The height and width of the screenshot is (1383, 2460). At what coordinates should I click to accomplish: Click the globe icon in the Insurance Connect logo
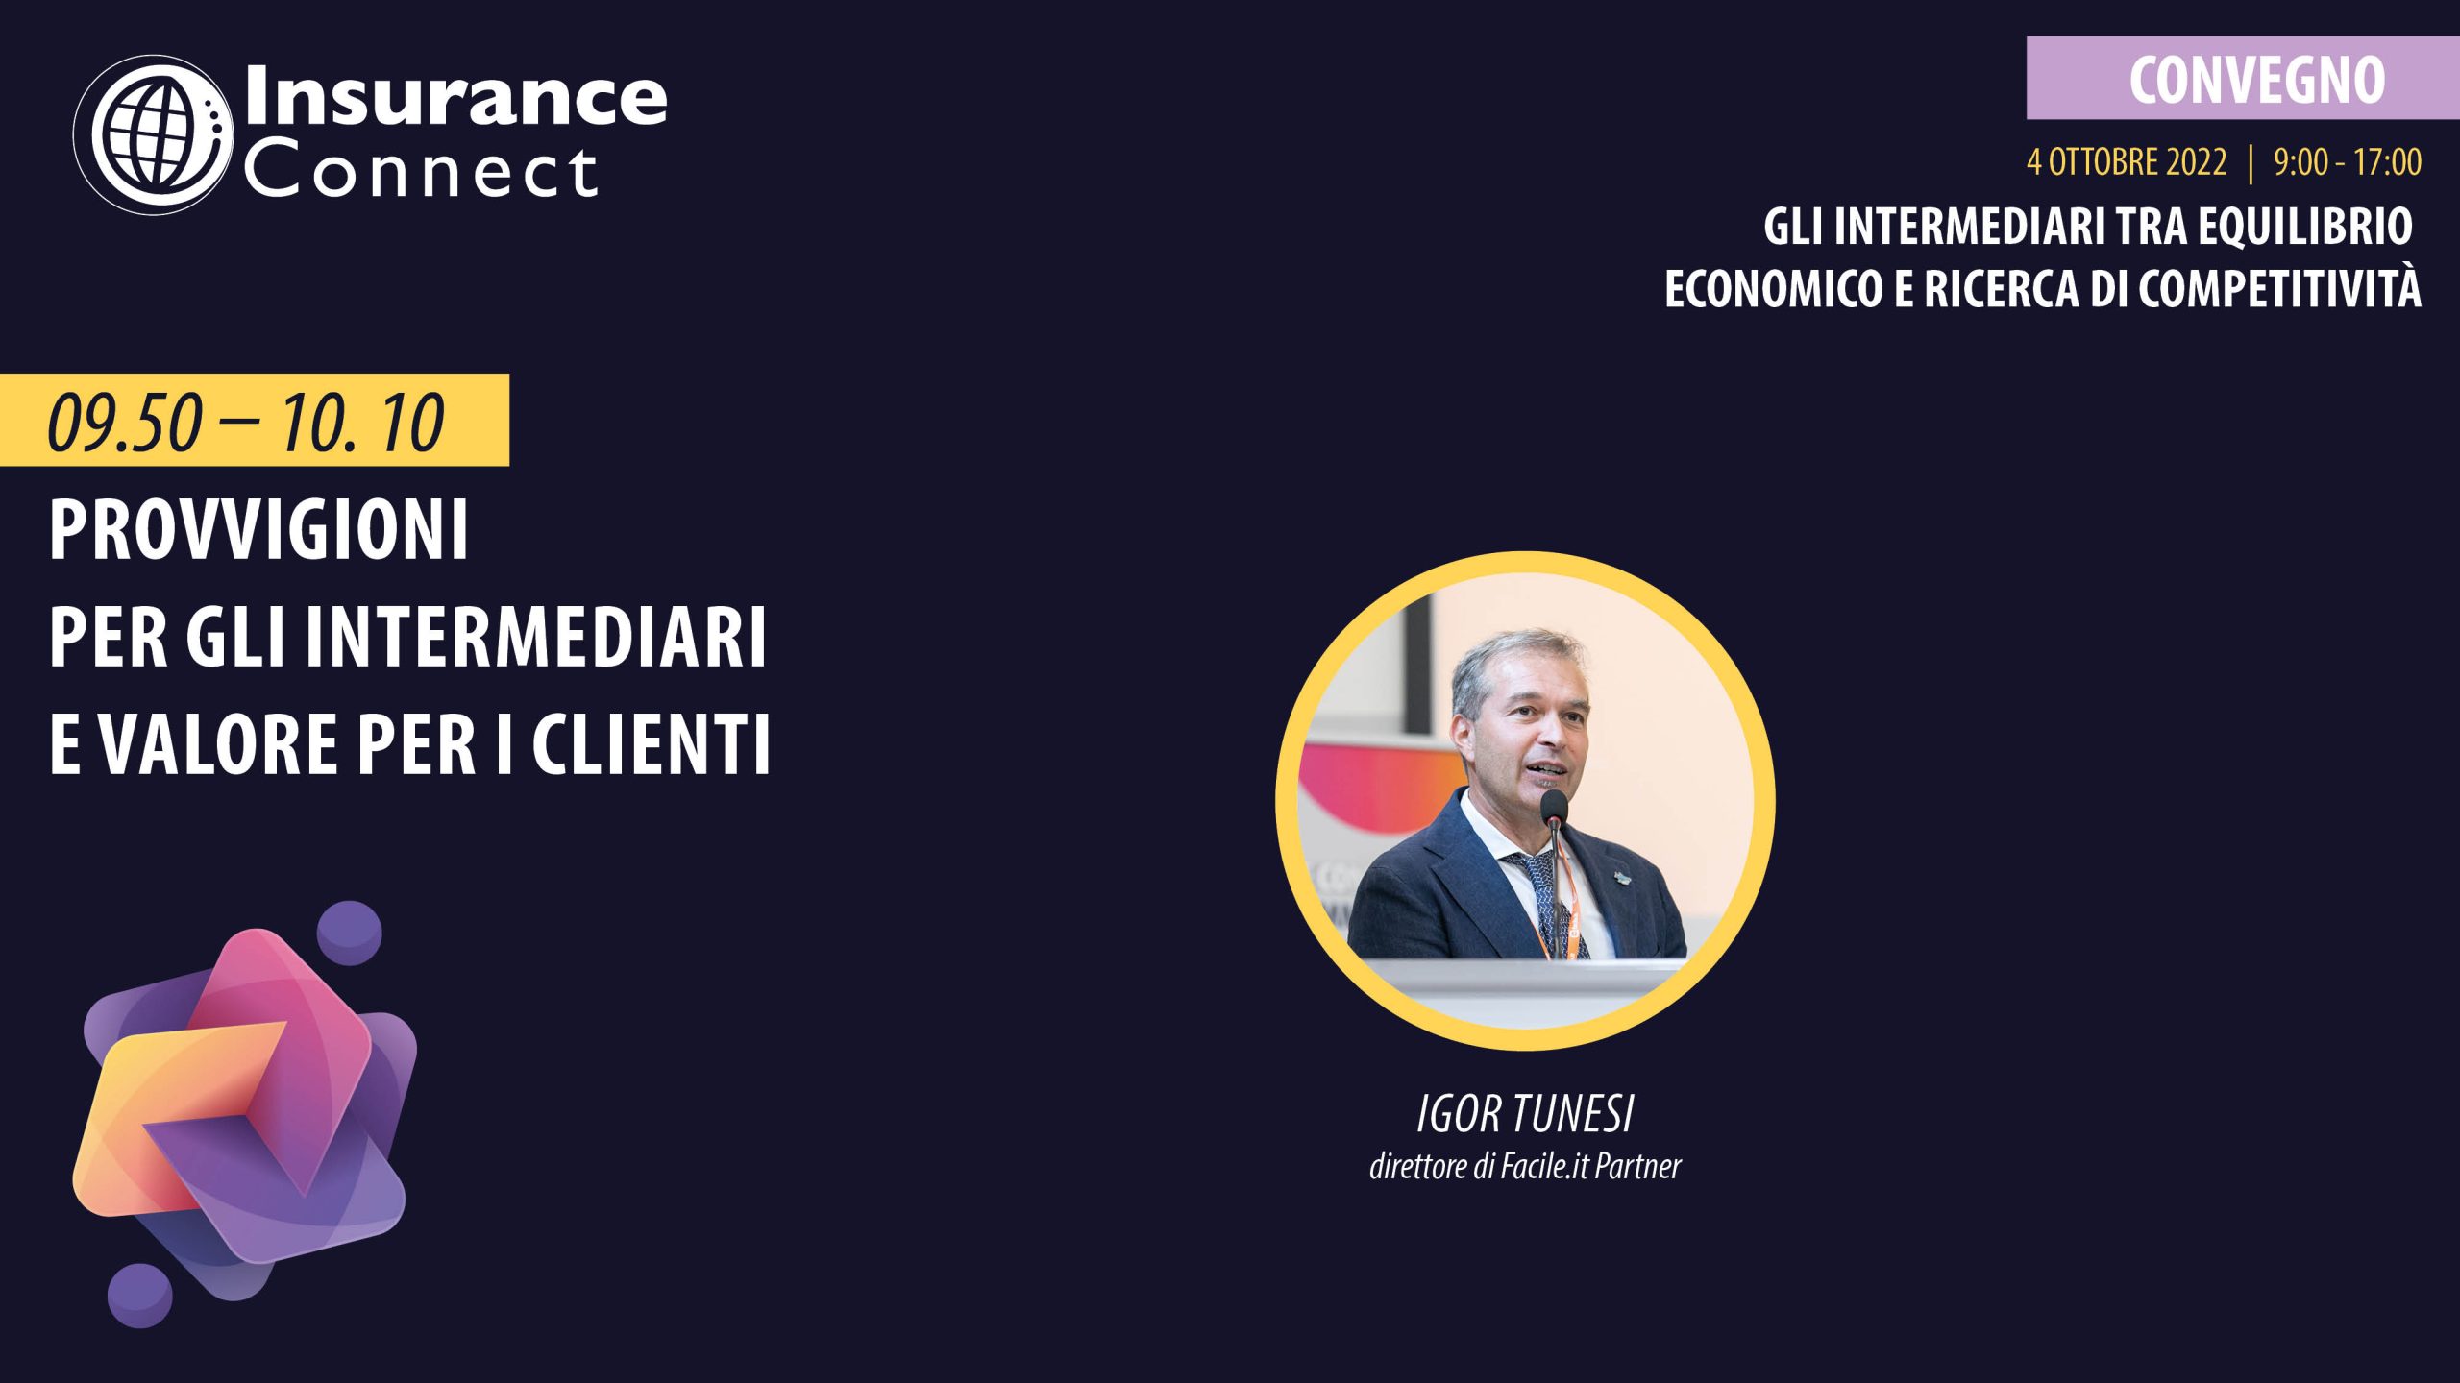click(154, 134)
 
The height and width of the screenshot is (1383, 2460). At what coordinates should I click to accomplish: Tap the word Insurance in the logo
click(455, 96)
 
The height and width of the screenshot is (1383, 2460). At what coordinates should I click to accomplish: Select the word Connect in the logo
click(421, 172)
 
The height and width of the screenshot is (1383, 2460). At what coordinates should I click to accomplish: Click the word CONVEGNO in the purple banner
click(2257, 80)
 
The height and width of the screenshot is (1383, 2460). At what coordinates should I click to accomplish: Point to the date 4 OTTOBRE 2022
click(2127, 162)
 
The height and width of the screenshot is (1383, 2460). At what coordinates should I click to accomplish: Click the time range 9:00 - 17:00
click(2348, 162)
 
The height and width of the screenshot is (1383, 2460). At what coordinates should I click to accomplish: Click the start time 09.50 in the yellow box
click(125, 424)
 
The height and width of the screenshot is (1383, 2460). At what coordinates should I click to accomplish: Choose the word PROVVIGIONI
click(258, 529)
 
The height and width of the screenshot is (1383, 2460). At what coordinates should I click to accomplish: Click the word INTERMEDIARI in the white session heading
click(536, 637)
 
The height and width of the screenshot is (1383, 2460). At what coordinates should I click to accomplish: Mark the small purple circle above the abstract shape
click(350, 934)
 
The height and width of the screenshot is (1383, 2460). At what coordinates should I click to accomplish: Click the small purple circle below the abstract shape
click(140, 1296)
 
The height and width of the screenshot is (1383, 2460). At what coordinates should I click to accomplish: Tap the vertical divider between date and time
click(2251, 162)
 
